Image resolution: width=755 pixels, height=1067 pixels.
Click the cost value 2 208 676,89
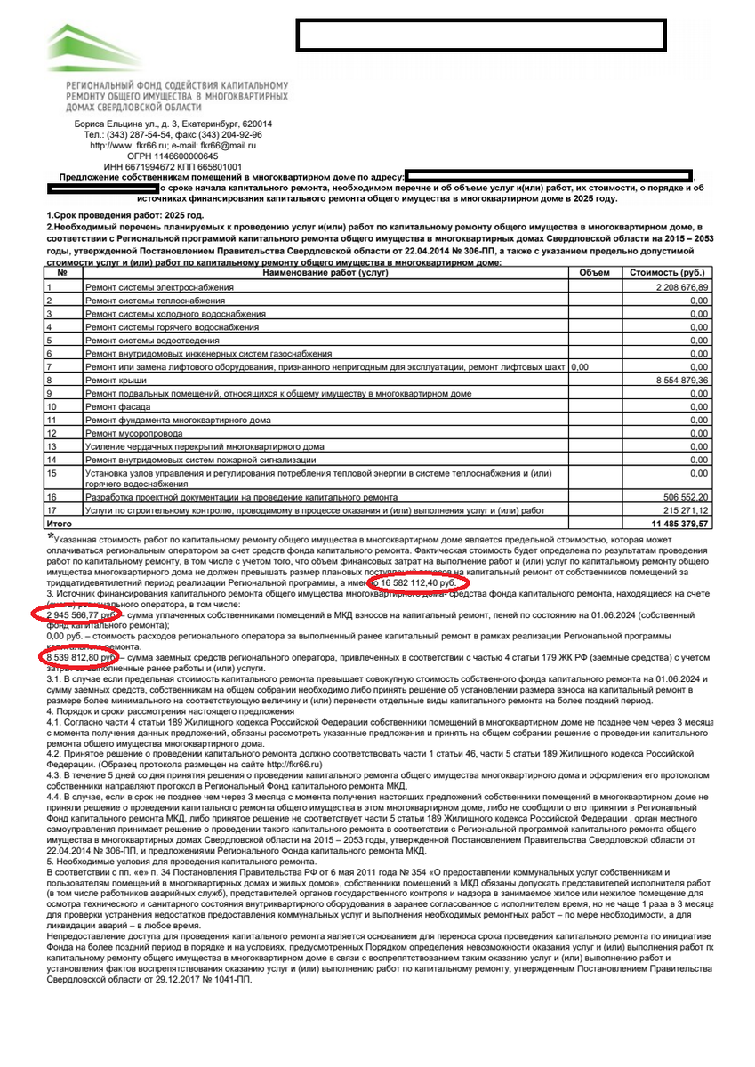click(681, 287)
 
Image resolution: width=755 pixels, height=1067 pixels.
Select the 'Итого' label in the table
click(59, 525)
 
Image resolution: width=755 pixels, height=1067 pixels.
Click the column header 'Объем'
click(594, 273)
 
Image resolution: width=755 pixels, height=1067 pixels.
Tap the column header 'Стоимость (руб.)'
click(666, 273)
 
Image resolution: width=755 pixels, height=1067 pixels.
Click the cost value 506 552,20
click(685, 498)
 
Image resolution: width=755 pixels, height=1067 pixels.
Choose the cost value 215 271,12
click(685, 511)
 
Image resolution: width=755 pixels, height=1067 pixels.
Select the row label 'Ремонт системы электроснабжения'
click(159, 288)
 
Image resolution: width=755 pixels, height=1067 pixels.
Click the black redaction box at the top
click(481, 35)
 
